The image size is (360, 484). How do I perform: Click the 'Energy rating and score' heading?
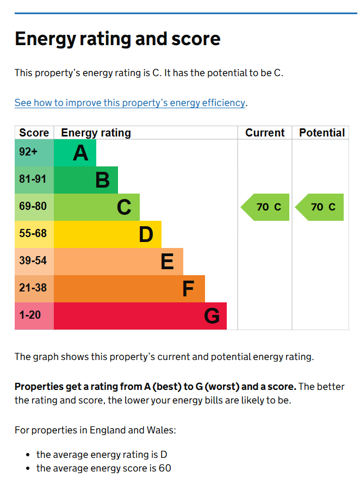click(x=117, y=39)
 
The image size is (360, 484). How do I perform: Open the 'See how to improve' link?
click(x=130, y=103)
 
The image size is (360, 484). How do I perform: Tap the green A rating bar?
click(x=75, y=153)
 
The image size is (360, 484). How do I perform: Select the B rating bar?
click(x=86, y=180)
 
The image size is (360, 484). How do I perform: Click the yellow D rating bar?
click(x=108, y=234)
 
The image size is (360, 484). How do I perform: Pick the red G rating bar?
click(x=140, y=316)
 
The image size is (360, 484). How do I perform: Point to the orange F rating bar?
click(x=129, y=289)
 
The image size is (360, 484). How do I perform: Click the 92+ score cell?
click(x=34, y=153)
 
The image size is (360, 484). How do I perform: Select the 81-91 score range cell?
click(x=34, y=180)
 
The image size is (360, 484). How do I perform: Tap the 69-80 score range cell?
click(x=34, y=207)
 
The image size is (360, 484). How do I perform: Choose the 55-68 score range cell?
click(x=34, y=234)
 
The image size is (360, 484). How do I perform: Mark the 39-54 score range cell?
click(x=34, y=262)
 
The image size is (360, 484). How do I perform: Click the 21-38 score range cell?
click(x=34, y=289)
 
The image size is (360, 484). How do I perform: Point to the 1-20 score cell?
click(x=34, y=316)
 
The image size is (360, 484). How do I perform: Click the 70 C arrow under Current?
click(x=265, y=207)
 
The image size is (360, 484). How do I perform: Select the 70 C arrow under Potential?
click(x=319, y=207)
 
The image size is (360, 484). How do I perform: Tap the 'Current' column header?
click(x=265, y=133)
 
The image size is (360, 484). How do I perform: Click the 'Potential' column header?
click(x=322, y=133)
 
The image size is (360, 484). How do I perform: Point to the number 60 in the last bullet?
click(x=165, y=468)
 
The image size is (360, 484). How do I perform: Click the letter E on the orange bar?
click(x=167, y=262)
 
